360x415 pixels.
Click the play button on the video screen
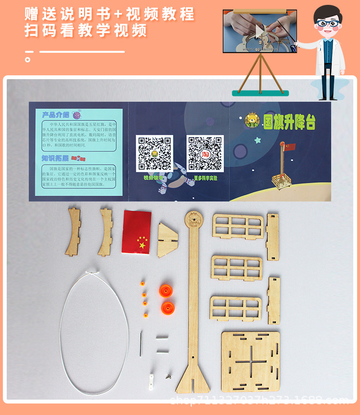click(259, 32)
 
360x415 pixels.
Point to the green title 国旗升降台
click(289, 121)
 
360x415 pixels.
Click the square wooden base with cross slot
click(250, 360)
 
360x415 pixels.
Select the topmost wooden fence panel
click(239, 226)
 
